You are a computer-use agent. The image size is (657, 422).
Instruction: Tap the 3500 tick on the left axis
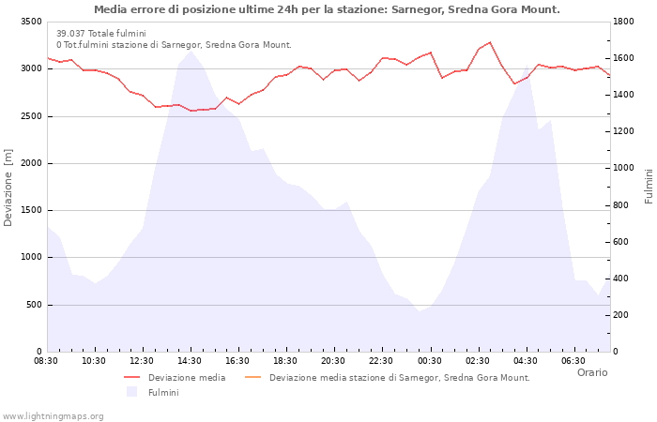(30, 22)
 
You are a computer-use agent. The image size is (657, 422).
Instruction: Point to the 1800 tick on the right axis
(625, 22)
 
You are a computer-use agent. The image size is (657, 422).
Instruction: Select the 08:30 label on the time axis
(47, 360)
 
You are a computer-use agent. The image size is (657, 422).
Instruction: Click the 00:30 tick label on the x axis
(430, 360)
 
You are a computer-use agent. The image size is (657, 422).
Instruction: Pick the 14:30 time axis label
(191, 360)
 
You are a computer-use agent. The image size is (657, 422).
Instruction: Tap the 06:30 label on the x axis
(573, 360)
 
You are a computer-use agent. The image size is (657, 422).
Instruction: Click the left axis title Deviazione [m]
(9, 187)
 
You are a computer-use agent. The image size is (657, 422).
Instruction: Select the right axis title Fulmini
(648, 187)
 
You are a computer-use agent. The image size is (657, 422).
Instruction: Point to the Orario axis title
(591, 372)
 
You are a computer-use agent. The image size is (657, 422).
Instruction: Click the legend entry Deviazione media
(187, 378)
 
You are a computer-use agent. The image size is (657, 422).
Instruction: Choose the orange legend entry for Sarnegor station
(399, 378)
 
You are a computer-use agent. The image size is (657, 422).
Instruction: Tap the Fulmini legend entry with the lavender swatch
(163, 393)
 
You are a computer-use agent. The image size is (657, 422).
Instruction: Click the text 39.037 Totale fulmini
(100, 33)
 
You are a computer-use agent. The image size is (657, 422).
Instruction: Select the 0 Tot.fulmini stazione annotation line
(174, 44)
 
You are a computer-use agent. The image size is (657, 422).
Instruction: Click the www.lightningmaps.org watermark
(53, 416)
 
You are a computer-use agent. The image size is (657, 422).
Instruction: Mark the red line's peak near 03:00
(490, 42)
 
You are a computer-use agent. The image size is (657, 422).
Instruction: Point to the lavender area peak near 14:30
(191, 51)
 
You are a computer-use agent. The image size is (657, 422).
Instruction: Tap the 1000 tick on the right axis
(625, 168)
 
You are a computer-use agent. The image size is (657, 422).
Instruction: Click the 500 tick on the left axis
(33, 305)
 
